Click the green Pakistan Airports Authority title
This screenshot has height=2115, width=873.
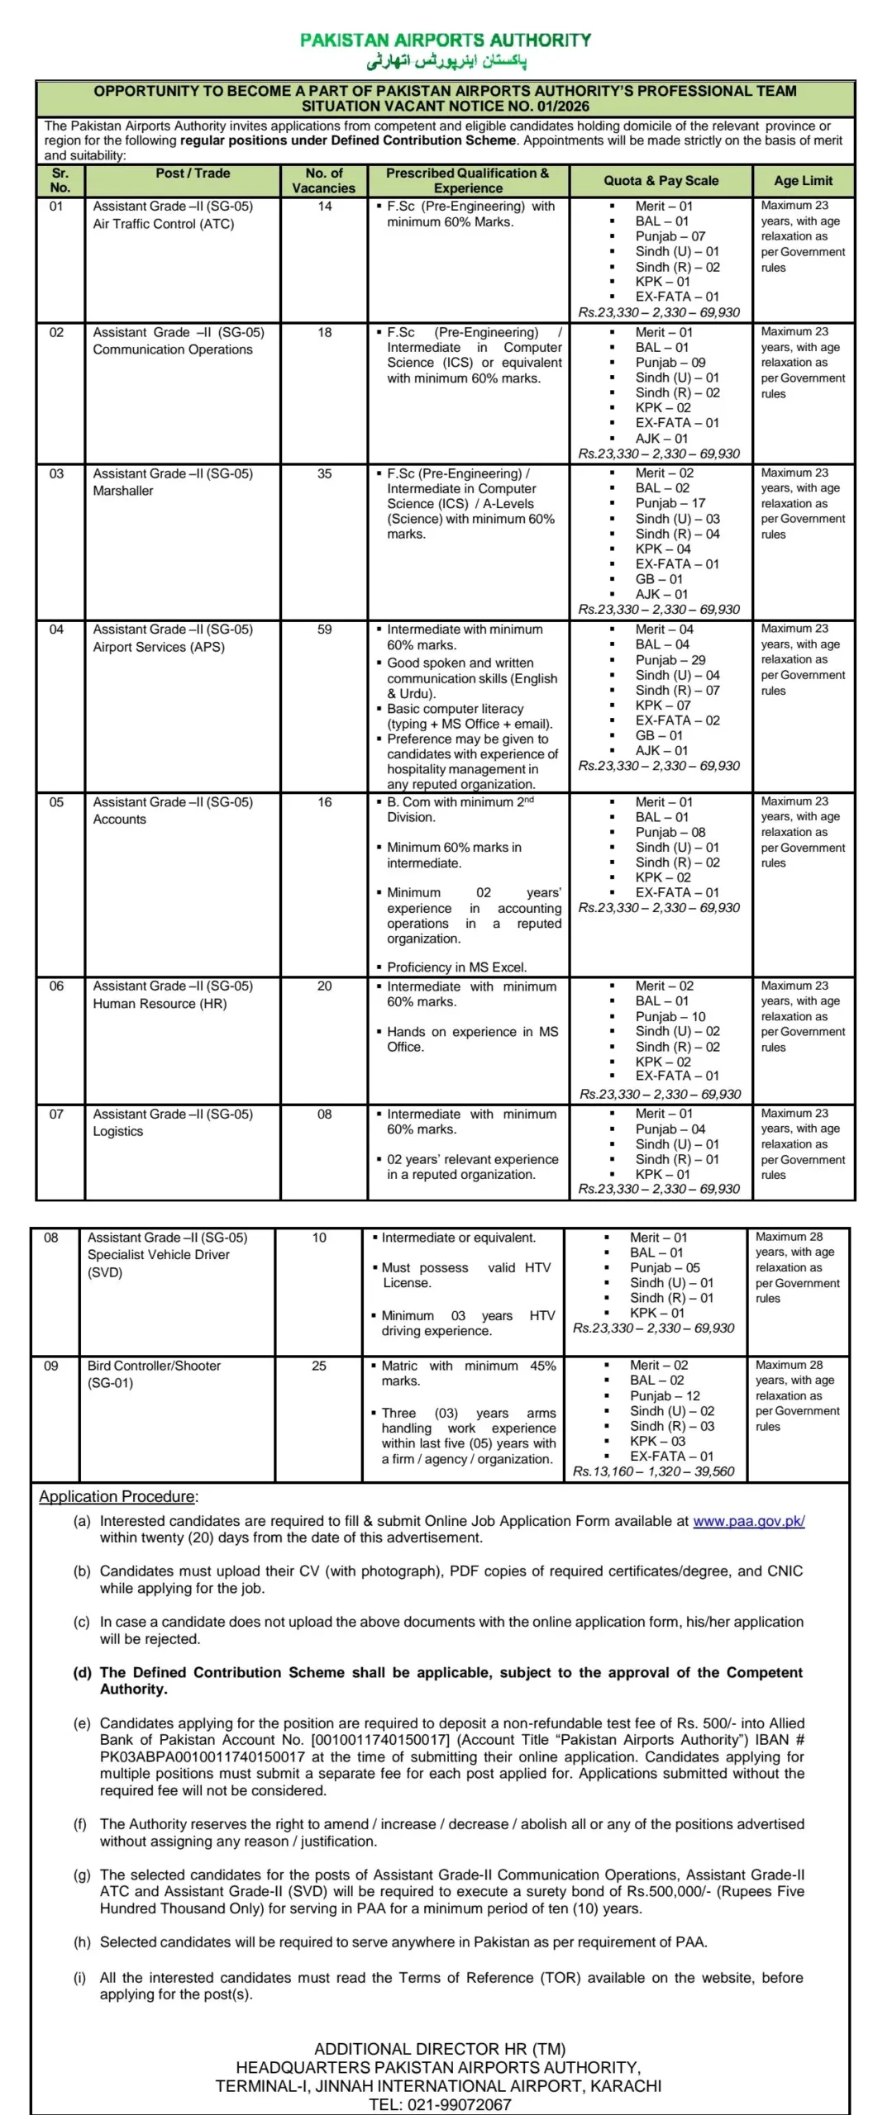pos(446,40)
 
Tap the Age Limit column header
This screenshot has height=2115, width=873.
pos(803,180)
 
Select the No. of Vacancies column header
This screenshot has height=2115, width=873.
pos(324,180)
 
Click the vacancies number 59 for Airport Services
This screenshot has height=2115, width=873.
pos(325,630)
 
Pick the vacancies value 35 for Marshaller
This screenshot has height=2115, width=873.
pos(325,473)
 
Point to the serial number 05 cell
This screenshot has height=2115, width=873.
pos(56,802)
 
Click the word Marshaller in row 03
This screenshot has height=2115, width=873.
pos(123,491)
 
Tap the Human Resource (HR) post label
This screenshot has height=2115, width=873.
pos(160,1004)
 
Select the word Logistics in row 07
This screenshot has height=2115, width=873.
pos(117,1131)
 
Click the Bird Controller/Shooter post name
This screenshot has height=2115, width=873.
pos(154,1366)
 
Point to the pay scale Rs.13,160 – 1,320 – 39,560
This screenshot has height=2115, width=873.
pos(653,1471)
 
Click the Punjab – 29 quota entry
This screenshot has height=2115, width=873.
pos(670,660)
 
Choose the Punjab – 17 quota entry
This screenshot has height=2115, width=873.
pos(670,503)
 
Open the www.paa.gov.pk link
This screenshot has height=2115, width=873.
pos(748,1521)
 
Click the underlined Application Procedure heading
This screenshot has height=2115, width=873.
pos(117,1496)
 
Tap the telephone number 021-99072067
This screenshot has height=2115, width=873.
pos(460,2104)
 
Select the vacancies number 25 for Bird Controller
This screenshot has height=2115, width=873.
pos(319,1366)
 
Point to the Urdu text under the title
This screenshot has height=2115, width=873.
pos(446,62)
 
